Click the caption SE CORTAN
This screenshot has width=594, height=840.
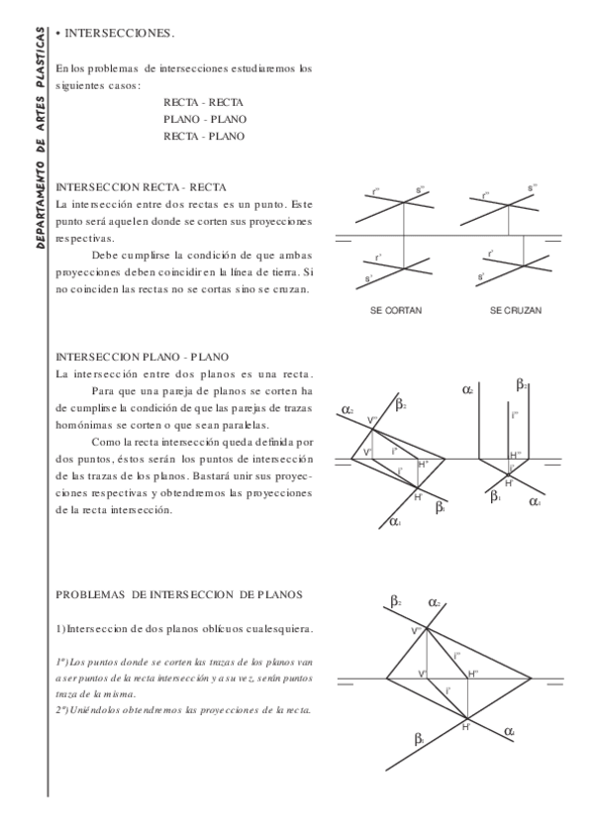pos(395,310)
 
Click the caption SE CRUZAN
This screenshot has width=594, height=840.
pos(515,310)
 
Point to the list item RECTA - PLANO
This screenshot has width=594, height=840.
pos(204,136)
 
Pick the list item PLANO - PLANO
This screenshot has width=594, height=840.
pos(205,119)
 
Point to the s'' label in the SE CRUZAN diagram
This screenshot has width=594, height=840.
pos(531,187)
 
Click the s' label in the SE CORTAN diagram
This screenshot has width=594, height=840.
pos(369,280)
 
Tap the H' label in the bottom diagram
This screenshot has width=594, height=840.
pos(464,728)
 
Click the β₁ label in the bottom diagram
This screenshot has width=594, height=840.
pos(420,738)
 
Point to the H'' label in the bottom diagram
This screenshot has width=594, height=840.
pos(473,674)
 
